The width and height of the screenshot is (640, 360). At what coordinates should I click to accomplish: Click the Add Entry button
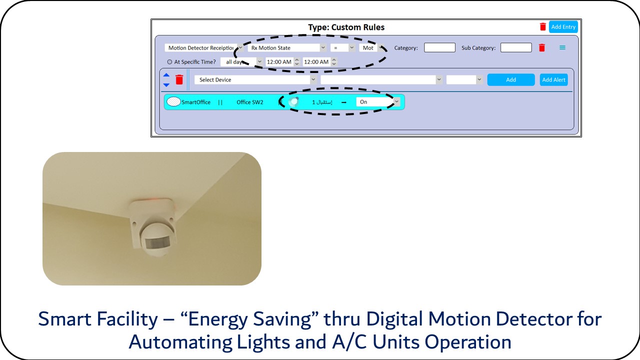coord(563,27)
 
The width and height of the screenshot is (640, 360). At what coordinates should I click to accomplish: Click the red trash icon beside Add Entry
coord(543,26)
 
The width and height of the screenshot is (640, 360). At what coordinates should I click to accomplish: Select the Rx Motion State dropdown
coord(287,47)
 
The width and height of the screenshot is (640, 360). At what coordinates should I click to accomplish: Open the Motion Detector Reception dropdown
coord(204,47)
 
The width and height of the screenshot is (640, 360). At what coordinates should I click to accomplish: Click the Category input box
coord(439,47)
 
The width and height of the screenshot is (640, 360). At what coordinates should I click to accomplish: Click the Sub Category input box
coord(516,47)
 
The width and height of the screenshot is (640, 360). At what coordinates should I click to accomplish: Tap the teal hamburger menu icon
coord(562,47)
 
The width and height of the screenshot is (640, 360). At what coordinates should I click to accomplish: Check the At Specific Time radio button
coord(169,61)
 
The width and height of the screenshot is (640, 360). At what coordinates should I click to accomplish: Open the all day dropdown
coord(241,61)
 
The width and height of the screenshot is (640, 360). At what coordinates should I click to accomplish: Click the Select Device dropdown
coord(255,79)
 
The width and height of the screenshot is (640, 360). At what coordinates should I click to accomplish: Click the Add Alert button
coord(553,79)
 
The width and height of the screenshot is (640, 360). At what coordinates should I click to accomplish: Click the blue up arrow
coord(166,75)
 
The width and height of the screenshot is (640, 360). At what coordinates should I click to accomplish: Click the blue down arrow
coord(166,85)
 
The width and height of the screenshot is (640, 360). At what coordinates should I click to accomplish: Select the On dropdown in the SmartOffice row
coord(377,101)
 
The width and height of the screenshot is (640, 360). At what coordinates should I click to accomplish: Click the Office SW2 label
coord(249,102)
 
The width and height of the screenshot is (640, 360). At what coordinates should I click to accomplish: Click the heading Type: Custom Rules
coord(346,27)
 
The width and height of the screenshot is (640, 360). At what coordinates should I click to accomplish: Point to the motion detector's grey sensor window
coord(157,243)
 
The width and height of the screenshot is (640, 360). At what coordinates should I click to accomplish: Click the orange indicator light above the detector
coord(154,199)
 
